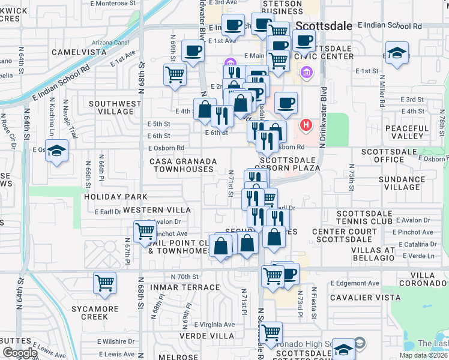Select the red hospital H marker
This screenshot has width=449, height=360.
click(x=306, y=125)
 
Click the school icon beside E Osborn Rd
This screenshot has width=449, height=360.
click(x=57, y=151)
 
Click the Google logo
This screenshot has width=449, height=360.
click(x=20, y=353)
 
